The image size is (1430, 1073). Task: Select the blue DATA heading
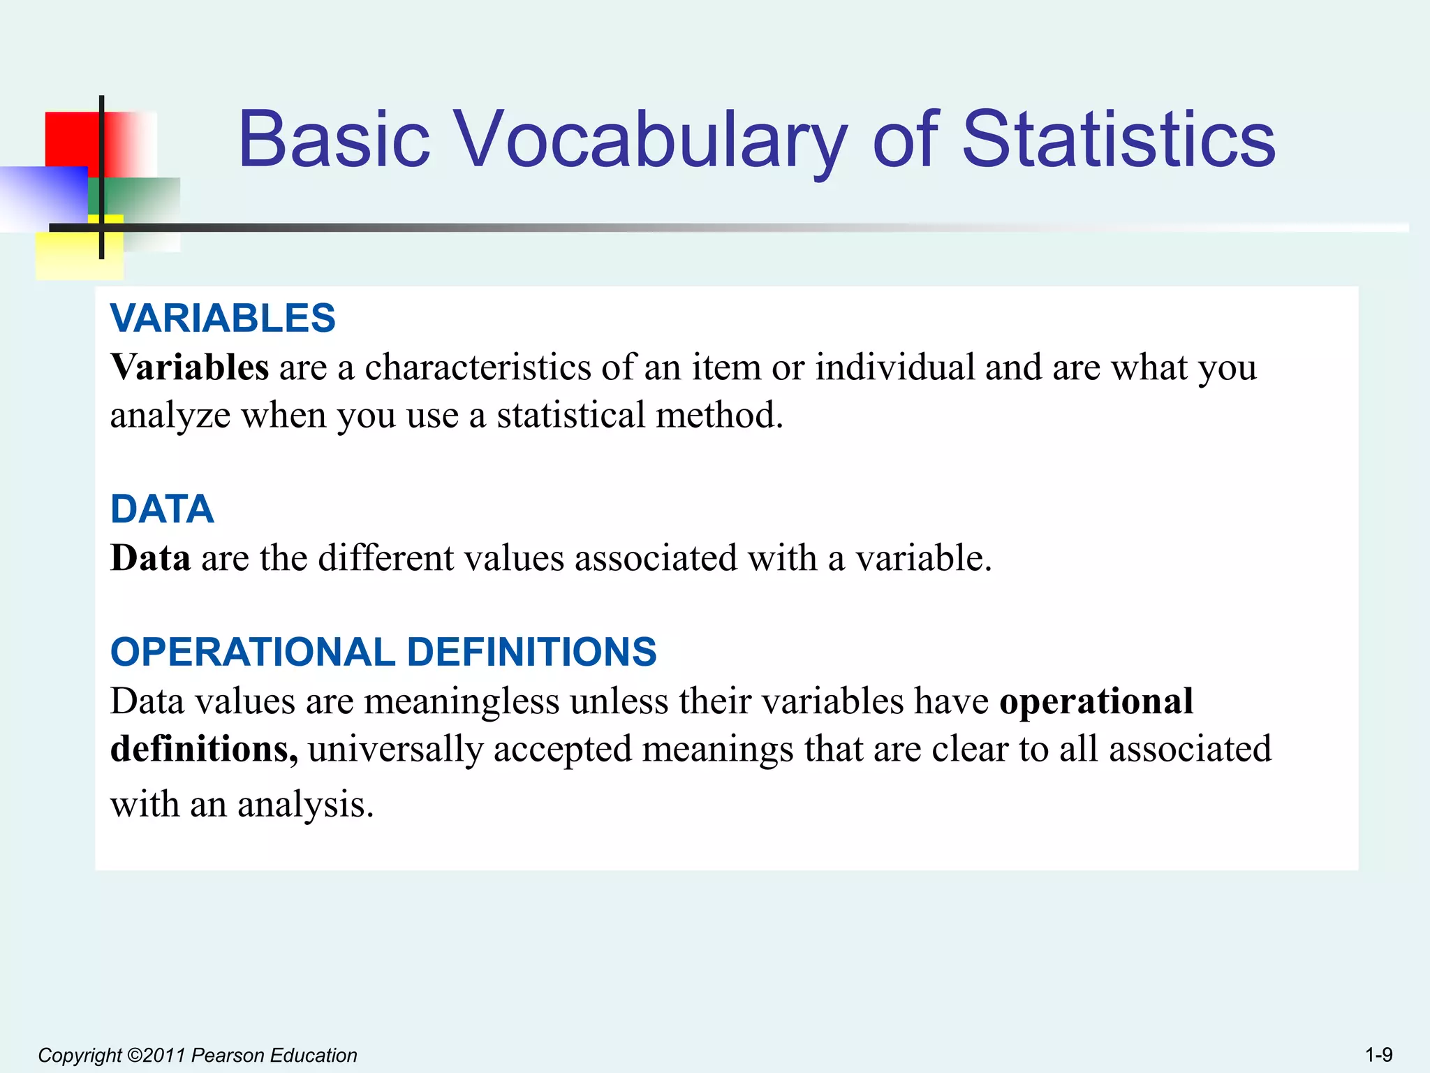[162, 509]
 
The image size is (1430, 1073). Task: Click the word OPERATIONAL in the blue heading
[253, 652]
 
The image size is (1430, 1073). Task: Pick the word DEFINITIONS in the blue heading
[531, 652]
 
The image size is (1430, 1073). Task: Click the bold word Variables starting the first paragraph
[189, 367]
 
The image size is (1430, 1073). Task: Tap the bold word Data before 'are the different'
[150, 558]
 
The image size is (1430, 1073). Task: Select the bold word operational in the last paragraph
[1096, 701]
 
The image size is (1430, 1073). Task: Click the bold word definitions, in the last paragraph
[204, 749]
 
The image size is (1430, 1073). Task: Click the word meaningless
[462, 701]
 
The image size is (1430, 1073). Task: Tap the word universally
[395, 749]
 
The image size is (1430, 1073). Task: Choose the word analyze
[170, 415]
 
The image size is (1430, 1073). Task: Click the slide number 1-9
[1378, 1054]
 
